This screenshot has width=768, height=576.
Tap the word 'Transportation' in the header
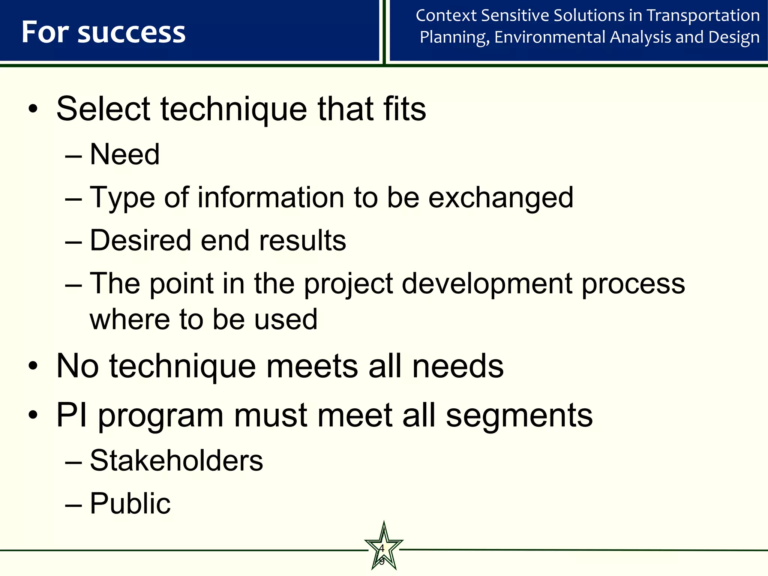(x=703, y=16)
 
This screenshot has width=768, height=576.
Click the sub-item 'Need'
(x=125, y=154)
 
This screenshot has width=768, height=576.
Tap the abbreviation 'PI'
(x=72, y=415)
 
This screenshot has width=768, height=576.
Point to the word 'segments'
(x=519, y=416)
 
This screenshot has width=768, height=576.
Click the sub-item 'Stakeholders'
(x=176, y=460)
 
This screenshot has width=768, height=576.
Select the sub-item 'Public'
(x=130, y=503)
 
